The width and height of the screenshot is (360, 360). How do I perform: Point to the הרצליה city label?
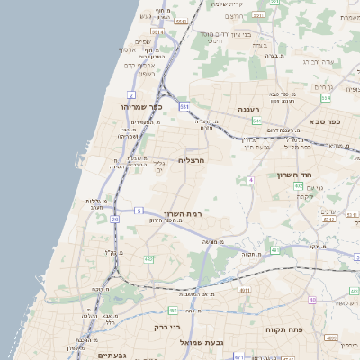[193, 159]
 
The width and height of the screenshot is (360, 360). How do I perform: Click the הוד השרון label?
[318, 175]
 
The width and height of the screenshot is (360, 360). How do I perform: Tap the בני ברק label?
[168, 328]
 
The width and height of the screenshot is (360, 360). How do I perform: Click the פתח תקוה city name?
[287, 329]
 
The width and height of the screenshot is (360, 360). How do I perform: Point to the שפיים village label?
[142, 41]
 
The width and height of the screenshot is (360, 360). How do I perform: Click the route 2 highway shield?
[131, 94]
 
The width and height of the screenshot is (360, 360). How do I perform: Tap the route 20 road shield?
[114, 219]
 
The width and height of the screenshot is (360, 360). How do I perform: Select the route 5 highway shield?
[139, 210]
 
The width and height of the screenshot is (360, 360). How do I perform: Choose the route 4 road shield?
[251, 180]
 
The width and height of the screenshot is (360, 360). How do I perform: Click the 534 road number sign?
[326, 97]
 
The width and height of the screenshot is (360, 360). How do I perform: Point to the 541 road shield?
[256, 120]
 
